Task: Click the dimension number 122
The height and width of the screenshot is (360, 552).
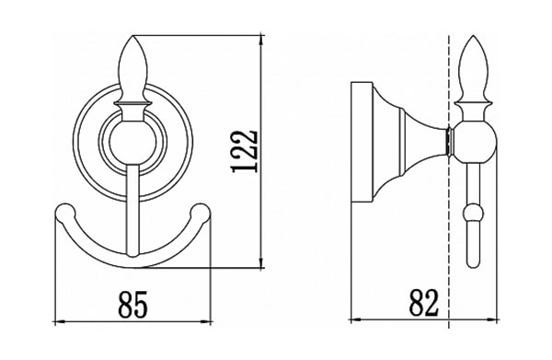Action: (246, 152)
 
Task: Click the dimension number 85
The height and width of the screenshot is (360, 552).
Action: (132, 305)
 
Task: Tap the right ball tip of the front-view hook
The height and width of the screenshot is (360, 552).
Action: (201, 212)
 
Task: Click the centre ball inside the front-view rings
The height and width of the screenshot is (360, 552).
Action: (132, 144)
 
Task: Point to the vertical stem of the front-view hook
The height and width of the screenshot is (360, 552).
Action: (132, 211)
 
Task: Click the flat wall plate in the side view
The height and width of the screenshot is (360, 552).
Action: (362, 142)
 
